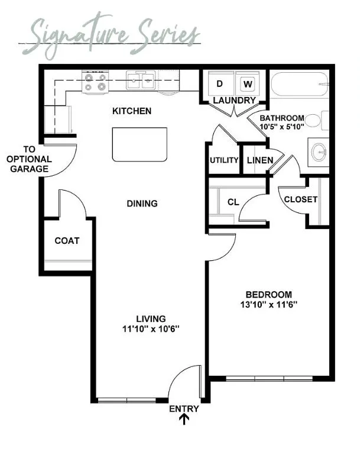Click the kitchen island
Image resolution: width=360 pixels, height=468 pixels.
(140, 144)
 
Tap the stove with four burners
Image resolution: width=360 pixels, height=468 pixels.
(95, 82)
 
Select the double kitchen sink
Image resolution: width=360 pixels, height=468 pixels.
(141, 80)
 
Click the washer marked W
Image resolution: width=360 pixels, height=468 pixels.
(247, 84)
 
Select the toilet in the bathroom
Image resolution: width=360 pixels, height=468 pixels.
(317, 121)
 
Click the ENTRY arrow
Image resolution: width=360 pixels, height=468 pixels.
(184, 419)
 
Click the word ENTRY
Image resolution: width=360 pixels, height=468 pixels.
(184, 409)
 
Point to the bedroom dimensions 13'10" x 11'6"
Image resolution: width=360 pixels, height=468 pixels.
(269, 305)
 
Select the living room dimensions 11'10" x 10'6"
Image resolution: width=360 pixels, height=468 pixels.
(151, 329)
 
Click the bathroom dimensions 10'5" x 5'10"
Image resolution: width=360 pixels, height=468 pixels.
(282, 126)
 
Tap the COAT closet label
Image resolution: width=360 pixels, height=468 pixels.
(67, 241)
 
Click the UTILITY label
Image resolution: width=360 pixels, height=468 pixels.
(224, 160)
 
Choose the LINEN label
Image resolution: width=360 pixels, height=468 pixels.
(260, 160)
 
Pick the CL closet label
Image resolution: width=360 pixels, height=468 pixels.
(233, 202)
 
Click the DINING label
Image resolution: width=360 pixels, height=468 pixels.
(142, 204)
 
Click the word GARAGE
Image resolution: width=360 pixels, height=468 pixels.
(29, 169)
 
